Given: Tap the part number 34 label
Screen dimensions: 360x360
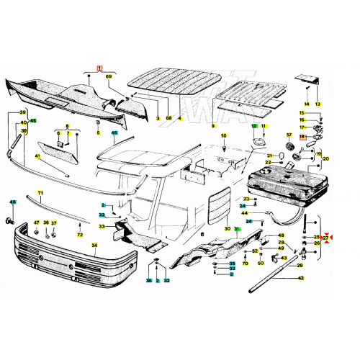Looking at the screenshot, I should click(94, 246).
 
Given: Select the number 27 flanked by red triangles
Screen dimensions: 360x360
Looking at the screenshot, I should click(325, 237).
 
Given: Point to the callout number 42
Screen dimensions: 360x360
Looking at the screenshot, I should click(300, 278).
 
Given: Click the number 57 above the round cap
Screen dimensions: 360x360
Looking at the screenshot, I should click(290, 135).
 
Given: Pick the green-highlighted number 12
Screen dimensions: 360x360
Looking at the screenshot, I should click(254, 127).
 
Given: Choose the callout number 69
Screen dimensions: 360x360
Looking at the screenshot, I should click(109, 76).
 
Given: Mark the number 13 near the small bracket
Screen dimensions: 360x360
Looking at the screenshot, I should click(318, 104).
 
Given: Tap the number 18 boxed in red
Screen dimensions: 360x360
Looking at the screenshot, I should click(303, 136).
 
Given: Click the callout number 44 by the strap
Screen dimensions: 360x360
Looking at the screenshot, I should click(245, 214).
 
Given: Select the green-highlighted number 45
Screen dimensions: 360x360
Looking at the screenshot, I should click(32, 120).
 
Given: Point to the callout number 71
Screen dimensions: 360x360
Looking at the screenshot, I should click(41, 194).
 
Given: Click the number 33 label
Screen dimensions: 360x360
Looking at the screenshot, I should click(102, 227).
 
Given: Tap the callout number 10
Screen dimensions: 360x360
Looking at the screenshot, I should click(224, 135).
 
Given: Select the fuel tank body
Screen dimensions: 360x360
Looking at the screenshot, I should click(288, 186).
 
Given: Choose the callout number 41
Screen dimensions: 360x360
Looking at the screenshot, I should click(37, 156).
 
